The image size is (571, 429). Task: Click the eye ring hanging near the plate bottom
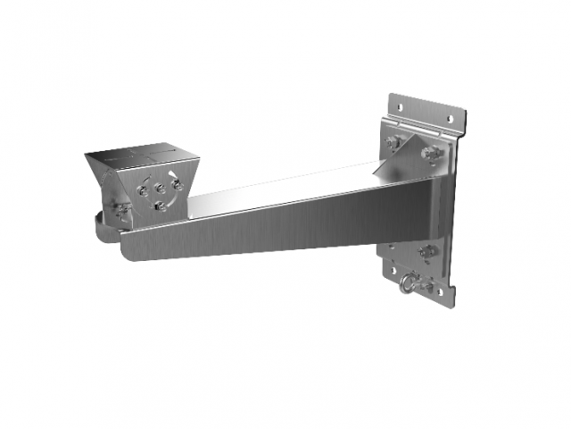(x=408, y=284)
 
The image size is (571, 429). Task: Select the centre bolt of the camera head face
(x=160, y=189)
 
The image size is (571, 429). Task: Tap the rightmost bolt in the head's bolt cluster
(x=178, y=185)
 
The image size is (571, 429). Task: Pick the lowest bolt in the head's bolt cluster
(x=159, y=206)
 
